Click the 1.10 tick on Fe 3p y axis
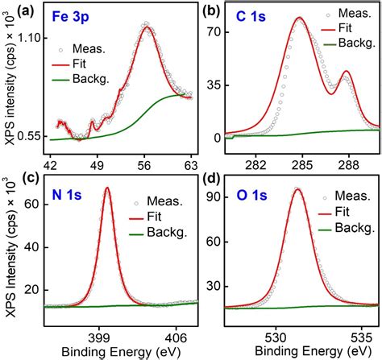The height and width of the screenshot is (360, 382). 29,38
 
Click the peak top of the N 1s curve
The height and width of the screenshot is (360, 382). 107,188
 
